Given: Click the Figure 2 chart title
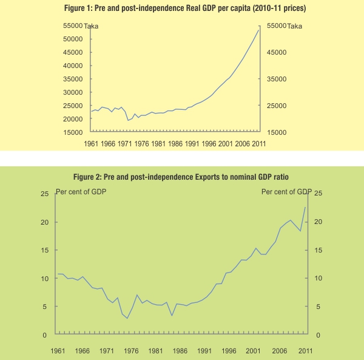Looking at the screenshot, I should [x=181, y=177].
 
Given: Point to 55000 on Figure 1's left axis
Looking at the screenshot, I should [x=72, y=25].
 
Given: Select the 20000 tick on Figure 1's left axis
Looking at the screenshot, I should [x=72, y=119].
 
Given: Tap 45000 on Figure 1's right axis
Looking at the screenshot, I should [x=277, y=52].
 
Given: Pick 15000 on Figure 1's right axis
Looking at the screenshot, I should [x=277, y=132].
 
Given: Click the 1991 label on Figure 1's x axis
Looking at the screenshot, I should [x=192, y=144].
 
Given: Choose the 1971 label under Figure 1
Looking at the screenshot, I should [x=125, y=144].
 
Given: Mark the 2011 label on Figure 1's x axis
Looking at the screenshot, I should [x=259, y=144].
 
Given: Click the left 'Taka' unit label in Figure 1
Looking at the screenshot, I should [x=92, y=26].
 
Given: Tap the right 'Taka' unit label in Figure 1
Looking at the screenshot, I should [x=295, y=26].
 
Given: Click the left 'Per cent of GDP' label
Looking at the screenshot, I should [x=81, y=192].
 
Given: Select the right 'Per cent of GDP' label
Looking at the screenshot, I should [x=286, y=192].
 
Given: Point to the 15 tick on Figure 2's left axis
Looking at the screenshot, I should [x=44, y=250].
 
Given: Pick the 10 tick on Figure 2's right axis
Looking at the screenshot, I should [x=318, y=279].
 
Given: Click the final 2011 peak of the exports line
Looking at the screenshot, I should [x=305, y=208].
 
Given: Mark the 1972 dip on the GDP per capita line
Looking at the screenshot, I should [x=128, y=120].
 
